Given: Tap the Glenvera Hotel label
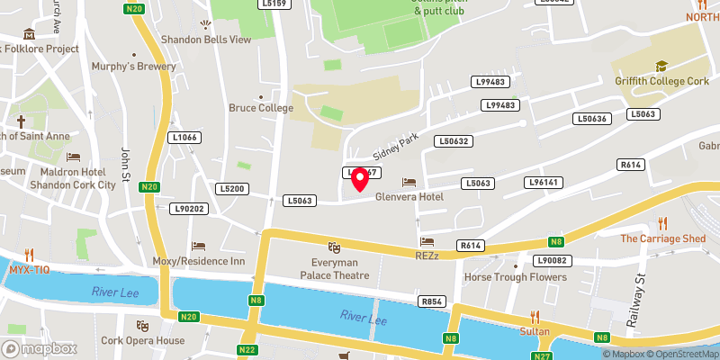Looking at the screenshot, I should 410,197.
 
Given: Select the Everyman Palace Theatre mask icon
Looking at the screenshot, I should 335,247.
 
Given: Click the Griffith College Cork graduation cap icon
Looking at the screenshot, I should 661,66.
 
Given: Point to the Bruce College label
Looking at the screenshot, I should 261,108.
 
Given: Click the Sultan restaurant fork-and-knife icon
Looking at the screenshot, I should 534,317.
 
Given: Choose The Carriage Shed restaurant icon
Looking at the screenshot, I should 662,223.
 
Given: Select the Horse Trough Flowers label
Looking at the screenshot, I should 516,277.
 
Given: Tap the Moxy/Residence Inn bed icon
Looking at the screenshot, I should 199,246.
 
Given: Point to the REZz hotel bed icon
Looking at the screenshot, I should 427,242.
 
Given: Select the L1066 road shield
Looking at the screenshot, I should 183,138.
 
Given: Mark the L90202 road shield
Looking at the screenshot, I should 189,209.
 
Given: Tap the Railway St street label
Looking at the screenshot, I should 641,292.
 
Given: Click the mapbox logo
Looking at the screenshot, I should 39,348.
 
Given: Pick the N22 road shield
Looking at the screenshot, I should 248,349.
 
